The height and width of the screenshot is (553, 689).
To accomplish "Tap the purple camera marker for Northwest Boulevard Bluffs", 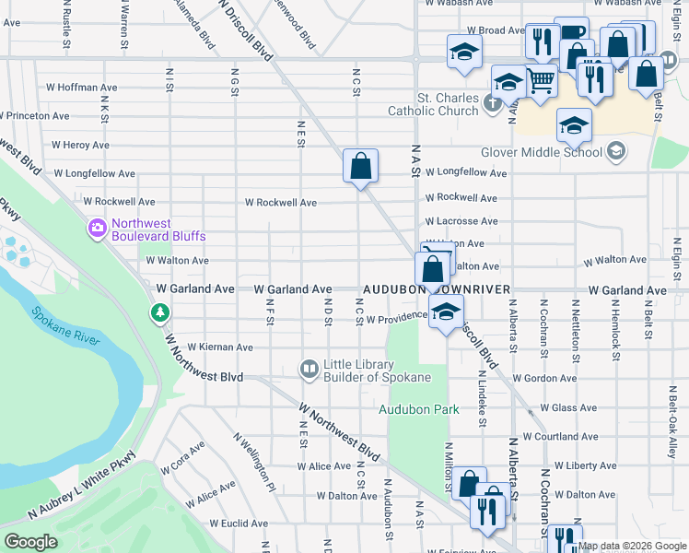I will point(98,228).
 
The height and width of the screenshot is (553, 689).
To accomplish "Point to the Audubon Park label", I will point(415,407).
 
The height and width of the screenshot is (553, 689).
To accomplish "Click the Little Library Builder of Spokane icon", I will point(309,370).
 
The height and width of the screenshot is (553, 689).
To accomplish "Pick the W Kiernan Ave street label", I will point(219,347).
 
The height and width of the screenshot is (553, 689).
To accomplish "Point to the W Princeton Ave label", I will point(35,116).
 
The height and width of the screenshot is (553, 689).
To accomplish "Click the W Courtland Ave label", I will point(562,436).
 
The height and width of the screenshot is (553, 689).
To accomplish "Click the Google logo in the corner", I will point(31,541).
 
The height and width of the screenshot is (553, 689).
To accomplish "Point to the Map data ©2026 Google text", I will point(633,546).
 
